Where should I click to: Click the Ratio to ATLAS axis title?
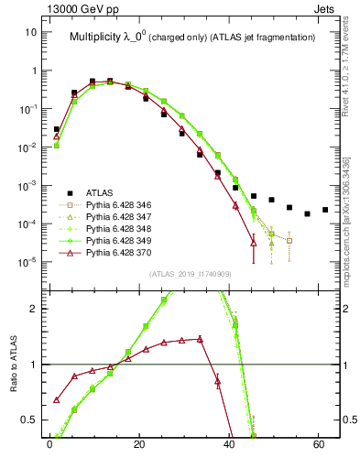(12, 364)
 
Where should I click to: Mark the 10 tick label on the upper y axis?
(31, 32)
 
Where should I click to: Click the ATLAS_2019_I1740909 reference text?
(191, 272)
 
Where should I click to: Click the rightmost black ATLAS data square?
(325, 210)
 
